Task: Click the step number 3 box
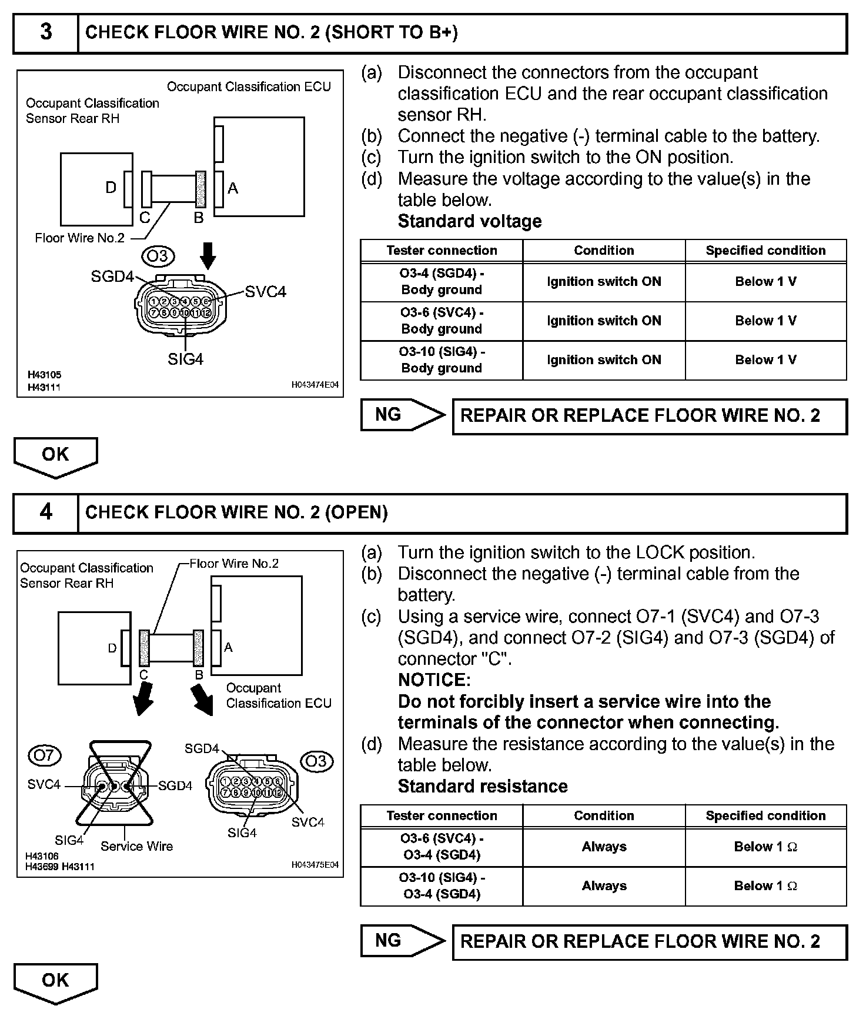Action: click(46, 32)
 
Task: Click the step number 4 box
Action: click(46, 512)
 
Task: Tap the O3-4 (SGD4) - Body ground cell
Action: click(442, 282)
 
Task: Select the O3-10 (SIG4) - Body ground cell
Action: click(442, 360)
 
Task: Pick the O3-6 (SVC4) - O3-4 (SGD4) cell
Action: click(442, 847)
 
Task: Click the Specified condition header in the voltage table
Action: click(765, 251)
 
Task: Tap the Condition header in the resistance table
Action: click(604, 816)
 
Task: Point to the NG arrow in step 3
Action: click(403, 415)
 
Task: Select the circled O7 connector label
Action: click(45, 755)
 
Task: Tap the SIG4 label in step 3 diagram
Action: click(185, 359)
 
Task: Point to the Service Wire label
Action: click(137, 847)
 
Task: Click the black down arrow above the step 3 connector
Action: click(208, 255)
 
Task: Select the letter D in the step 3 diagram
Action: click(111, 188)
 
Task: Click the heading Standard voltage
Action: click(470, 221)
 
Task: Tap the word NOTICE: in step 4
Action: click(434, 680)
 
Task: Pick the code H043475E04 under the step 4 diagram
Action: click(315, 865)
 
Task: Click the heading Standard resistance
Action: click(483, 787)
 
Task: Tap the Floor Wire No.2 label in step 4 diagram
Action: click(234, 564)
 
